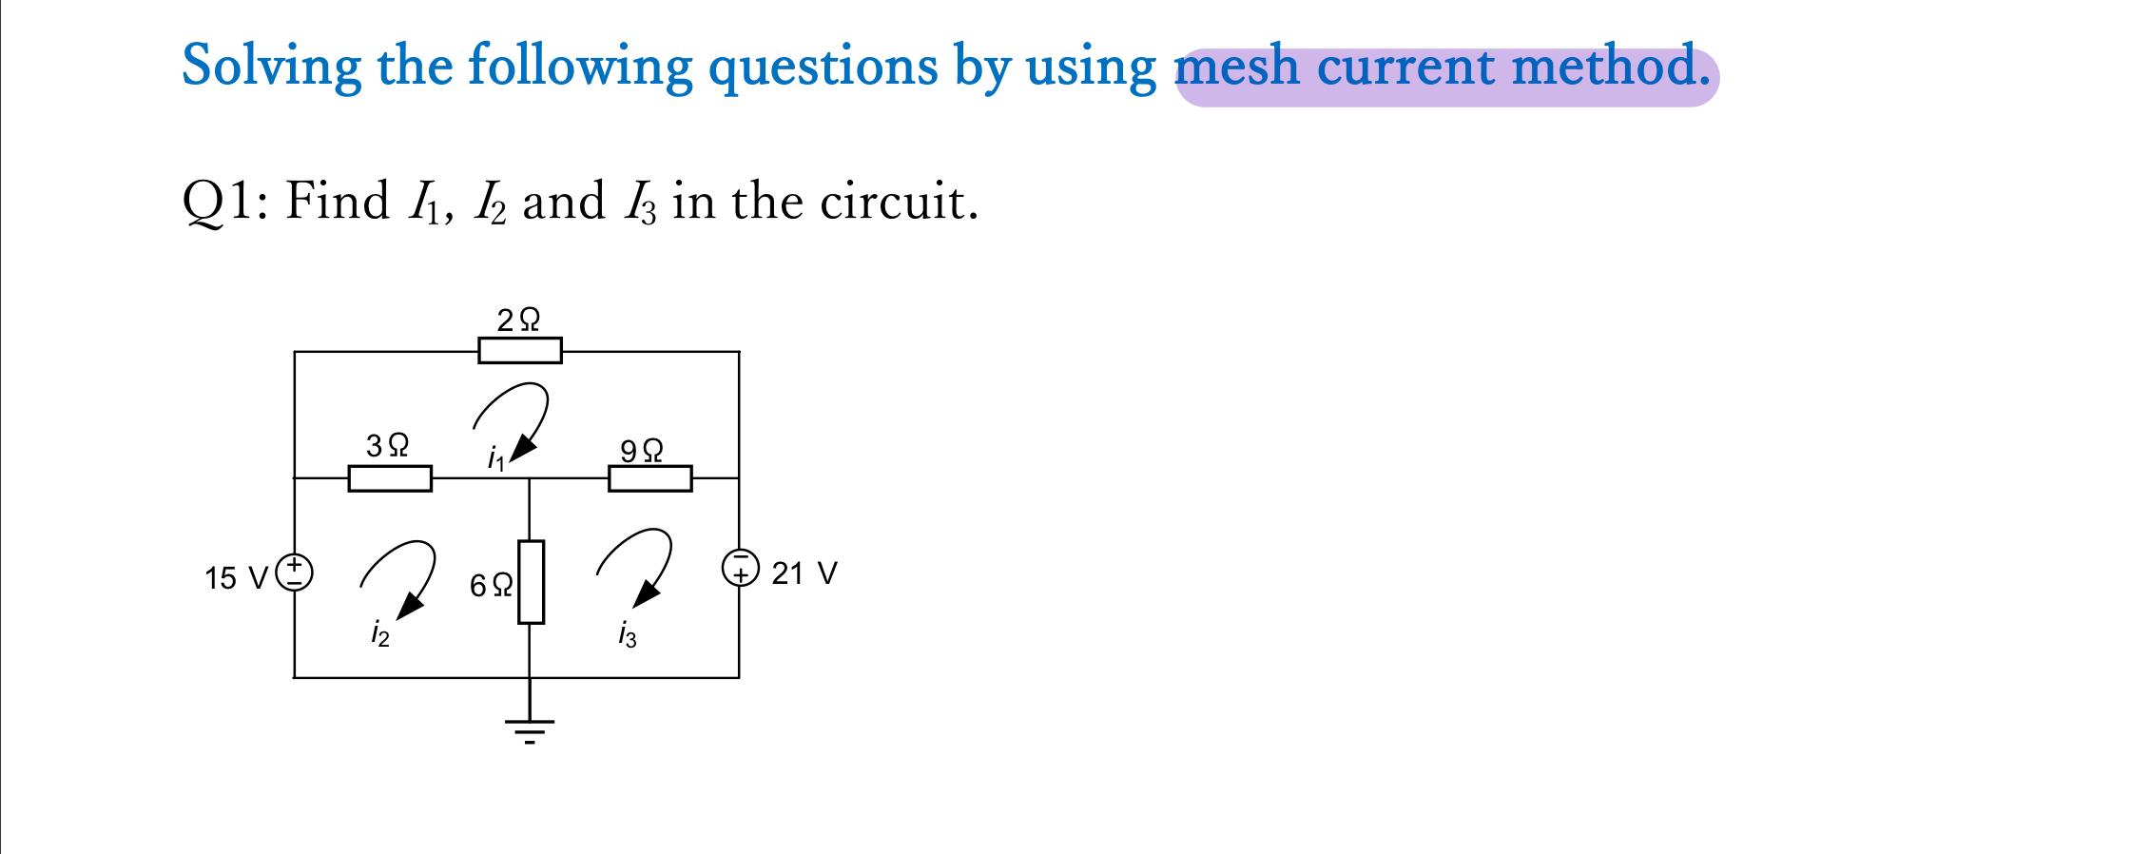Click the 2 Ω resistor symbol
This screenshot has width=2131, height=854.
point(519,351)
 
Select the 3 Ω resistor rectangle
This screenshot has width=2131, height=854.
point(390,478)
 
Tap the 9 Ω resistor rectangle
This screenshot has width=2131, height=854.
point(649,478)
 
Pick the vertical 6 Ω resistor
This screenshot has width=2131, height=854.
point(531,581)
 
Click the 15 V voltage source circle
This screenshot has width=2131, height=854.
point(295,572)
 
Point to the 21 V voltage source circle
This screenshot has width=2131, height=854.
point(741,567)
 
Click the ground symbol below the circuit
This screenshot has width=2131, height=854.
point(530,730)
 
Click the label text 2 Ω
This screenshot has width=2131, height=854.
point(518,319)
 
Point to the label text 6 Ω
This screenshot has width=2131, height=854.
point(492,584)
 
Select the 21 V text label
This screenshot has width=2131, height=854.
point(804,573)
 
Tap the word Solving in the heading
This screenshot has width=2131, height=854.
point(272,67)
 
